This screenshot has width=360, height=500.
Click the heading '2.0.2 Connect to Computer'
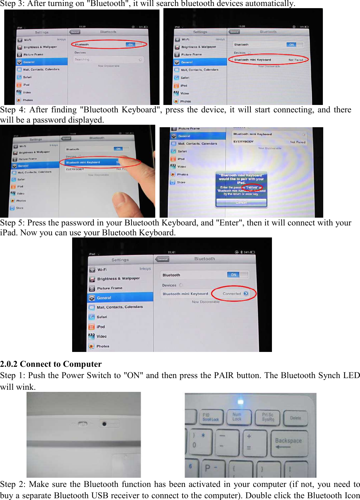(x=51, y=364)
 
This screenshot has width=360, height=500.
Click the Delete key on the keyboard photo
(x=296, y=418)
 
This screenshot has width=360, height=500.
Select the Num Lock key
(x=237, y=417)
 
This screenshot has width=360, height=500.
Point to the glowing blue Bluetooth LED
(x=241, y=402)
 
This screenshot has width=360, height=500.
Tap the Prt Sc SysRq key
(x=268, y=417)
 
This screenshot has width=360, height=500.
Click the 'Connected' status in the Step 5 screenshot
(x=232, y=294)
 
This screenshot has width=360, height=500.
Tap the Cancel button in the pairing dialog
(x=241, y=202)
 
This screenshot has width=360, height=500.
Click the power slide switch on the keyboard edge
(x=82, y=424)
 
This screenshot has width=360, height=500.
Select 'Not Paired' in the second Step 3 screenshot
(x=296, y=60)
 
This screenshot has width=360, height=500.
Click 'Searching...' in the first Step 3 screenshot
(x=83, y=59)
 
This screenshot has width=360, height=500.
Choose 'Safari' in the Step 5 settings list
(x=102, y=317)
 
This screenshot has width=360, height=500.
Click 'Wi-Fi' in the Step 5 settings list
(x=102, y=270)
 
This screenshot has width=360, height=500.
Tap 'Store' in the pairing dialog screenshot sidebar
(x=181, y=182)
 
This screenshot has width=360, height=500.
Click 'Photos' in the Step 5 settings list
(x=103, y=346)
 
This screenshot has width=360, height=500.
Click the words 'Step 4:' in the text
(x=13, y=110)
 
